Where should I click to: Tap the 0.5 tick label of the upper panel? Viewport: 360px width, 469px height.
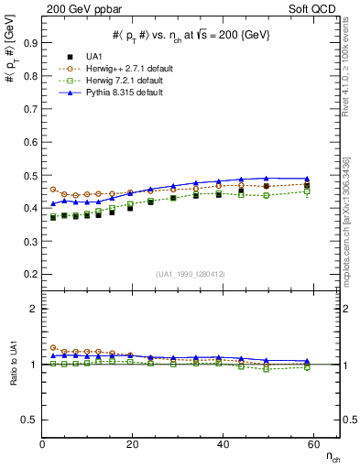point(31,175)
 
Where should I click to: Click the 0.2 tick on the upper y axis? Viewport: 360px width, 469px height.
point(31,274)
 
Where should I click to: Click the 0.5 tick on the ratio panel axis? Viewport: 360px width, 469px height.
point(31,420)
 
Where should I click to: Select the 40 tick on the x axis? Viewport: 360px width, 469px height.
point(219,444)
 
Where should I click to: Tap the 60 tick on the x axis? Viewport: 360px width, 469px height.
point(309,444)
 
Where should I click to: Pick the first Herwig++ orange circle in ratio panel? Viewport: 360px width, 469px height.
point(53,348)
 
